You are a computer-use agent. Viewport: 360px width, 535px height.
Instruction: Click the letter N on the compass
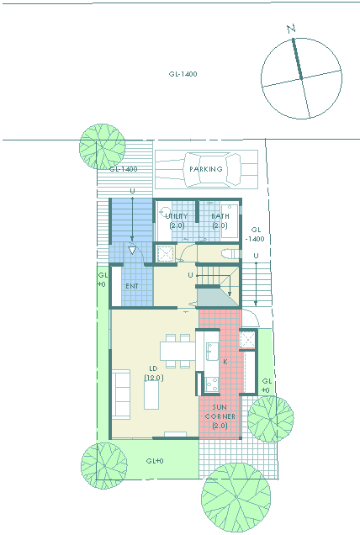(291, 29)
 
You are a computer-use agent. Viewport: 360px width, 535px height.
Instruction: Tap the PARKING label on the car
(206, 169)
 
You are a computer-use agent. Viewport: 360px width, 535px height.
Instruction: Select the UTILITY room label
(177, 216)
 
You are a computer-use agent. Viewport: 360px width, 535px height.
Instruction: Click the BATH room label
(220, 216)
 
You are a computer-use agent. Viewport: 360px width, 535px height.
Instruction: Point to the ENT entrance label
(132, 286)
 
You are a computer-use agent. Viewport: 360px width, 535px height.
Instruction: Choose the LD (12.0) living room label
(154, 373)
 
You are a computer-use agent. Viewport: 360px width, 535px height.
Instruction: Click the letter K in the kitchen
(225, 362)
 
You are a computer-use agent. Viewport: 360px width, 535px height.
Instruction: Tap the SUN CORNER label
(220, 412)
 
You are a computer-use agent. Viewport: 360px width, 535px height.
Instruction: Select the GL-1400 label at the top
(183, 74)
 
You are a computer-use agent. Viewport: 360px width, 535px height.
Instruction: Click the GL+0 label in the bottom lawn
(155, 461)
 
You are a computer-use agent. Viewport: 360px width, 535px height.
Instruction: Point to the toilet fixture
(231, 254)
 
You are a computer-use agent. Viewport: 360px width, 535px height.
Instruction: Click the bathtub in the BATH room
(230, 220)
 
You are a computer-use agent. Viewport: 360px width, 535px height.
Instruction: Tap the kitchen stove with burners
(212, 384)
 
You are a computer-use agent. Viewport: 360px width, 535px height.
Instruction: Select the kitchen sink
(212, 351)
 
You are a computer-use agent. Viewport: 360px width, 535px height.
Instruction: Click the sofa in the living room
(121, 394)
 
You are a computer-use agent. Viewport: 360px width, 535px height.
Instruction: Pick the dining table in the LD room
(177, 351)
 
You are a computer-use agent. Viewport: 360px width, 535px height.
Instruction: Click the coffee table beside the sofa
(151, 395)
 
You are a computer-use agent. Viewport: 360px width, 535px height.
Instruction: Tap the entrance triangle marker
(132, 250)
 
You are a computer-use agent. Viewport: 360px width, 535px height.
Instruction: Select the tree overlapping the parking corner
(103, 146)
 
